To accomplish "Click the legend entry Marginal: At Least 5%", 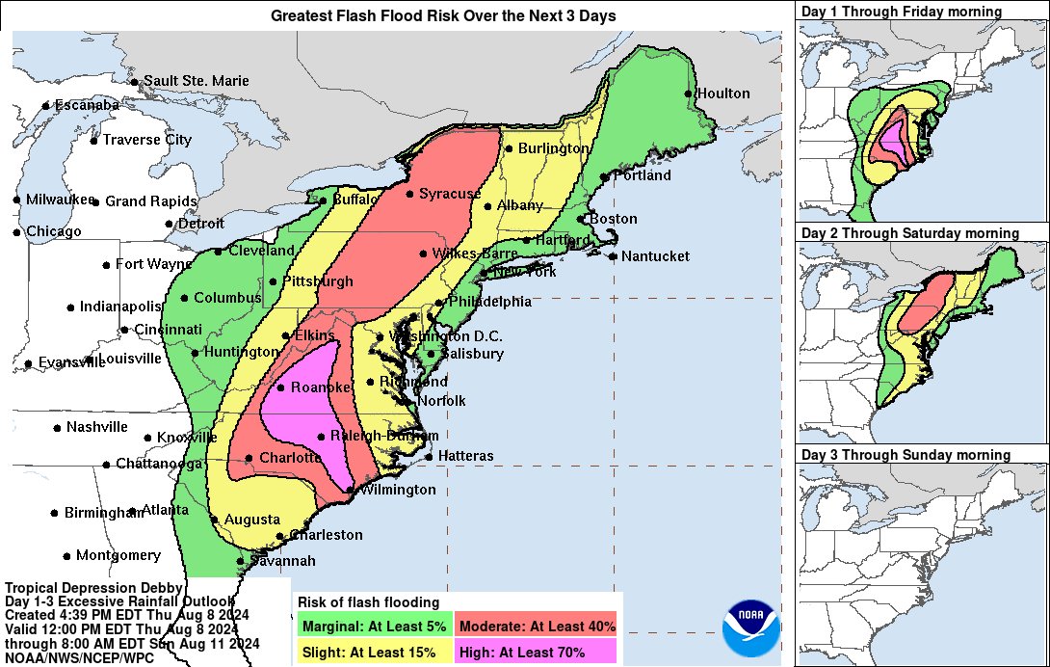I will tap(373, 627).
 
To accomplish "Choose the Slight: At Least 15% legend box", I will tap(373, 653).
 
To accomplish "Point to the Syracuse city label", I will tap(449, 194).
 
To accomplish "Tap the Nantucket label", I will tap(655, 256).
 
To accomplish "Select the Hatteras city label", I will tap(465, 455).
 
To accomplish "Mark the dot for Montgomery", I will tap(66, 555).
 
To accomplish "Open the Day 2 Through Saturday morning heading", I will tap(910, 233).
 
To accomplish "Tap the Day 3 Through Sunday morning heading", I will tap(906, 455).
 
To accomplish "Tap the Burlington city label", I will tap(553, 148).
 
